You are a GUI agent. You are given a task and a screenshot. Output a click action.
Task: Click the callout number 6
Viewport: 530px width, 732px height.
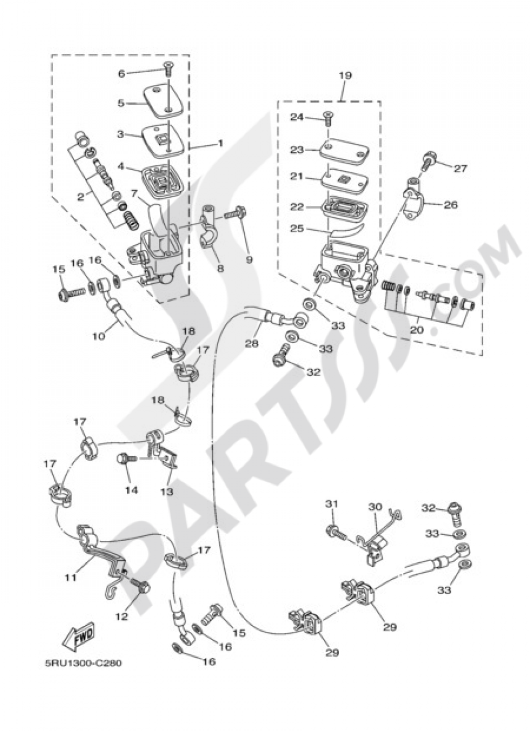121,74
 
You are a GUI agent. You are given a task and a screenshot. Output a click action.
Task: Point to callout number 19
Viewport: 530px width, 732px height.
346,76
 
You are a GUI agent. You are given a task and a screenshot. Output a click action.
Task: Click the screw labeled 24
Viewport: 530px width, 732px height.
327,117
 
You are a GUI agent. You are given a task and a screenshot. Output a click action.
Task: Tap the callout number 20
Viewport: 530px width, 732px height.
417,329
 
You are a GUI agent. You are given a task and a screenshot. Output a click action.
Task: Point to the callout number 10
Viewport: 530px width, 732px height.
100,335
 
